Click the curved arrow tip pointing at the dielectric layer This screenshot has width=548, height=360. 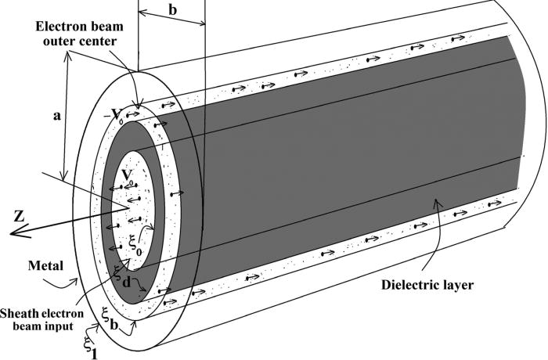coord(436,205)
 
